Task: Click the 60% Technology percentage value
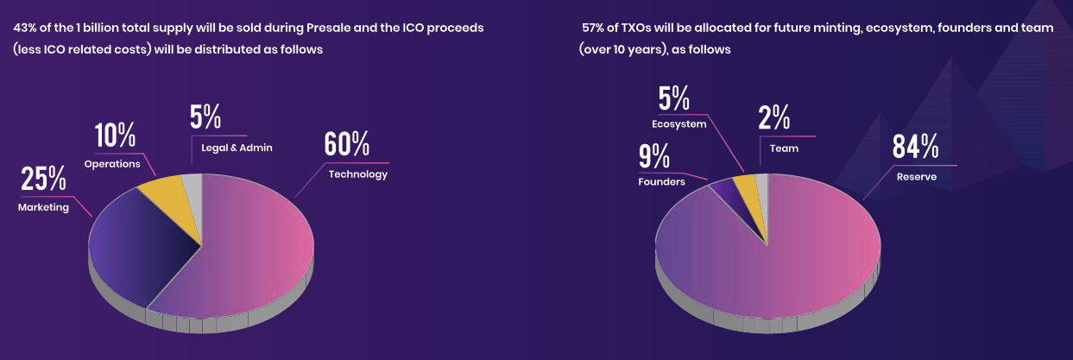coord(346,144)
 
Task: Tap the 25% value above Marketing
coord(43,179)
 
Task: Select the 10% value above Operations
coord(115,136)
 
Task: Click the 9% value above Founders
coord(654,157)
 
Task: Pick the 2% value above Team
coord(774,118)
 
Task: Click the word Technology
coord(357,174)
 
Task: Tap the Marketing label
coord(43,207)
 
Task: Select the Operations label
coord(112,164)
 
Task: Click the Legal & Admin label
coord(237,148)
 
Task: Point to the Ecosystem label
coord(679,124)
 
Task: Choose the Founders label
coord(661,182)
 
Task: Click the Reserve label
coord(916,176)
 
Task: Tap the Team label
coord(784,148)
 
